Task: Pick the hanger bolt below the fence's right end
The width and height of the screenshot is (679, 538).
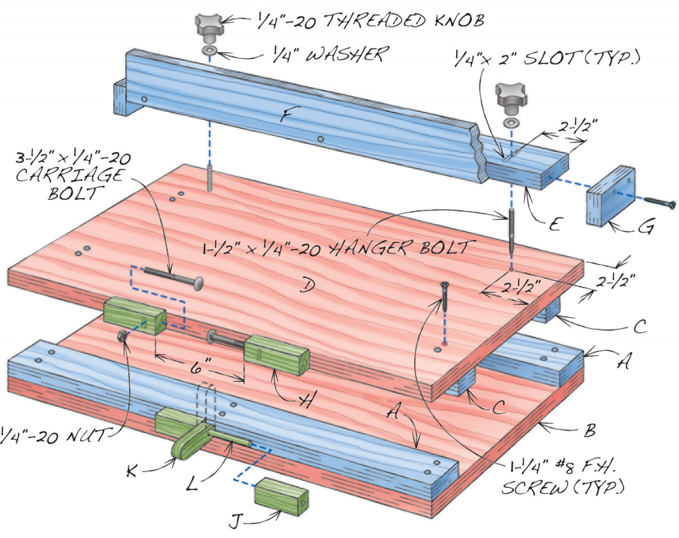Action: pos(511,230)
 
